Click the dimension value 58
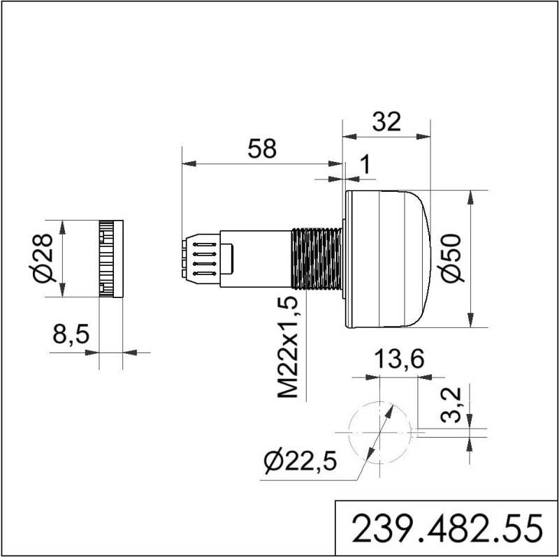263,149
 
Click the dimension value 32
386,122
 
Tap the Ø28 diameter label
43,259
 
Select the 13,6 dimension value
397,361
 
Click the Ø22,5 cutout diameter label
300,461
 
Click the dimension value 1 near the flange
363,165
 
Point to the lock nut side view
111,259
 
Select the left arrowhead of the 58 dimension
186,164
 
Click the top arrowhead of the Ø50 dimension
473,195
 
